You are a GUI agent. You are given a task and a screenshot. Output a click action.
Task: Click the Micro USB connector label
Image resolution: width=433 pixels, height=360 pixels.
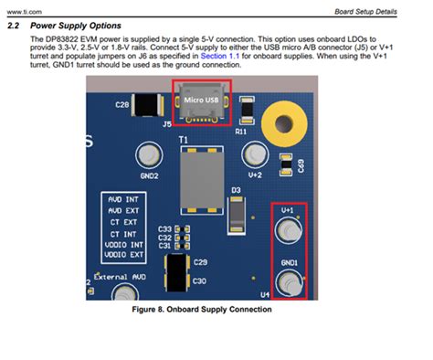coord(201,98)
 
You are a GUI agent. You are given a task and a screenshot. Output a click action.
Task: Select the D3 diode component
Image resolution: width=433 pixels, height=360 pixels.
coord(237,211)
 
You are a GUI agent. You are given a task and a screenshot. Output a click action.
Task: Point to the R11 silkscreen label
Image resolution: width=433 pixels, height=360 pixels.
coord(242,132)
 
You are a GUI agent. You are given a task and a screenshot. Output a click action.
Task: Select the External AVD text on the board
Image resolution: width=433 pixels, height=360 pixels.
coord(120,276)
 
